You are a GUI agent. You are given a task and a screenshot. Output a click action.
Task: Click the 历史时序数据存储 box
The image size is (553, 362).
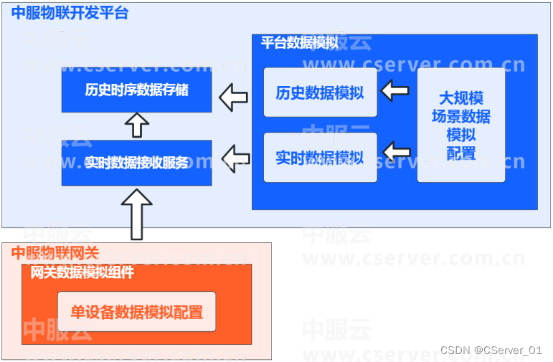click(x=136, y=90)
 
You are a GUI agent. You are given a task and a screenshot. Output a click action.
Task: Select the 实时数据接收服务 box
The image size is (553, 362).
click(x=136, y=163)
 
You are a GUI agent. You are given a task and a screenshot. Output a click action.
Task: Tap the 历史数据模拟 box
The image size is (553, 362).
click(x=320, y=92)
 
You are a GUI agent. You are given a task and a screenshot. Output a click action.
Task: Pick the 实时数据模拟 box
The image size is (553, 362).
click(x=320, y=157)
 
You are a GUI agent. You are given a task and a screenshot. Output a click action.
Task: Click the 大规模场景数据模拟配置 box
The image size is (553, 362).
click(x=461, y=125)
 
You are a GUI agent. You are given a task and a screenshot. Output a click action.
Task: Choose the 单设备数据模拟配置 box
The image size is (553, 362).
click(x=136, y=312)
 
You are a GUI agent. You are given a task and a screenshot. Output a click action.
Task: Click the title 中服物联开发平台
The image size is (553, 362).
click(x=70, y=13)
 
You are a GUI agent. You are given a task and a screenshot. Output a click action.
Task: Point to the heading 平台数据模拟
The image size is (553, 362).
click(x=300, y=42)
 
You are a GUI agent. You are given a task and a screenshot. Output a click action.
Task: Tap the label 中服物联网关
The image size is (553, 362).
click(x=55, y=252)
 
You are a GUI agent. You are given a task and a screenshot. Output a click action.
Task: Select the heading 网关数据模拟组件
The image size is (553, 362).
click(x=82, y=272)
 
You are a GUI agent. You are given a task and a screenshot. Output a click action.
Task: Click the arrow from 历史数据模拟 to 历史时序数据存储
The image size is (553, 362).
click(x=233, y=97)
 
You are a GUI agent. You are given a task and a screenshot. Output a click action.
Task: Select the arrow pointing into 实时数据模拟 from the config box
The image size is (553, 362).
click(x=397, y=152)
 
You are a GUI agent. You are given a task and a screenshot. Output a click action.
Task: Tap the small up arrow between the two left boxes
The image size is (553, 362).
click(x=136, y=125)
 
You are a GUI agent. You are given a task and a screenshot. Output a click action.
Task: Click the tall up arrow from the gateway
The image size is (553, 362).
click(x=136, y=214)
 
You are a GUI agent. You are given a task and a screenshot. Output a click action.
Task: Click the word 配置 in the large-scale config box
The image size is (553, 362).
click(x=461, y=153)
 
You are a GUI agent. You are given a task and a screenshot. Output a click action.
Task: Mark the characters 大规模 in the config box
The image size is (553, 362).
click(x=461, y=98)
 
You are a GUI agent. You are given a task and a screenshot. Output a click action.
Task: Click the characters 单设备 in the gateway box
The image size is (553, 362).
click(x=93, y=312)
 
